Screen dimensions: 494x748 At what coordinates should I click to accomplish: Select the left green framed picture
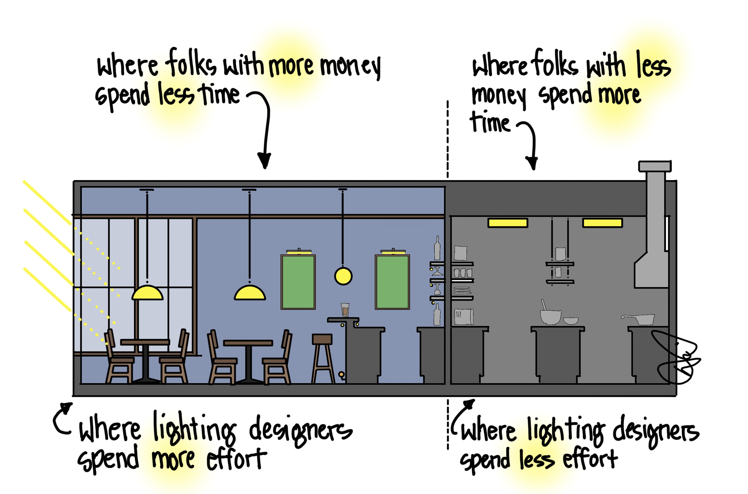point(298,282)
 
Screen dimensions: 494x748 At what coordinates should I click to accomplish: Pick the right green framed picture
point(392,282)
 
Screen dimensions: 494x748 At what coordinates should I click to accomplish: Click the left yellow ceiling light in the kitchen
point(508,223)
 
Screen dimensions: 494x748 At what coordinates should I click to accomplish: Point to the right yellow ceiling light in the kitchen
point(602,223)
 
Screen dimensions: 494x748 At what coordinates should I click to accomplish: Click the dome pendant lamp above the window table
point(147,293)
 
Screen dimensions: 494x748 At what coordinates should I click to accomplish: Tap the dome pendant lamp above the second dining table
point(250,293)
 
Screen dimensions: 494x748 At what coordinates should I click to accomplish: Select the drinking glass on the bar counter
point(345,310)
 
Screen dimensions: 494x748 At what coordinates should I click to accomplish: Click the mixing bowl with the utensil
point(550,317)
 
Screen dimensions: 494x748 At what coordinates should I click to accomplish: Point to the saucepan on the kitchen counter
point(641,319)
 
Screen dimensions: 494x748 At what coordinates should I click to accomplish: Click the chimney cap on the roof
point(655,166)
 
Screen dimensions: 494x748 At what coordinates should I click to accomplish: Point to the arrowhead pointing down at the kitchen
point(532,163)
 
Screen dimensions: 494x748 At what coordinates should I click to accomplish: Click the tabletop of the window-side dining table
point(145,342)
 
